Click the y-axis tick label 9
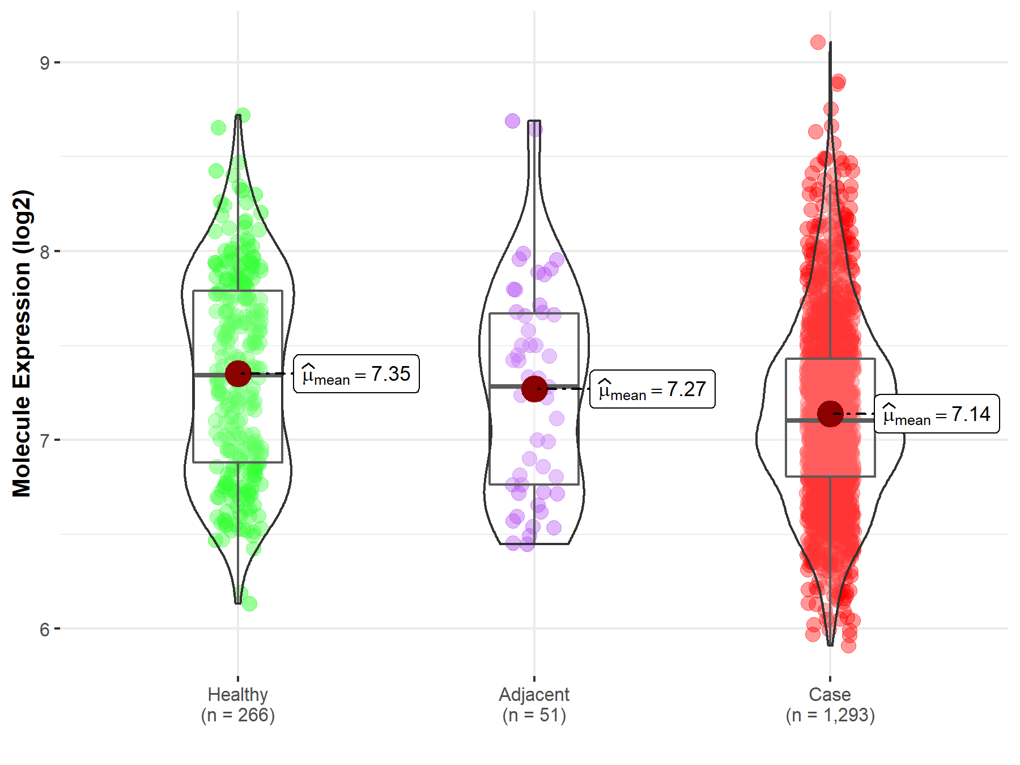coord(44,62)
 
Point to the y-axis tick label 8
coord(44,252)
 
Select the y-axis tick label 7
coord(44,440)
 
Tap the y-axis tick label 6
coord(44,629)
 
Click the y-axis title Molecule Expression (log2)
coord(22,343)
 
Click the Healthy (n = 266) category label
coord(237,704)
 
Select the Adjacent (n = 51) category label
coord(534,704)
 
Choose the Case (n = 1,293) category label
coord(830,704)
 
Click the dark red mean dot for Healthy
coord(238,373)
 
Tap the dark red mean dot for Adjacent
coord(534,389)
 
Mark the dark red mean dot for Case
coord(830,414)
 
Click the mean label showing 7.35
coord(356,374)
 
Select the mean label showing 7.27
coord(652,389)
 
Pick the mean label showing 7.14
coord(937,414)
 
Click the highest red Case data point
coord(818,42)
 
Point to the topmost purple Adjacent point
coord(512,121)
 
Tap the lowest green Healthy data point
coord(249,603)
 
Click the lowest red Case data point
coord(848,645)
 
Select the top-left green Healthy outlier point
coord(218,127)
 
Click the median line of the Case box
coord(805,420)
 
